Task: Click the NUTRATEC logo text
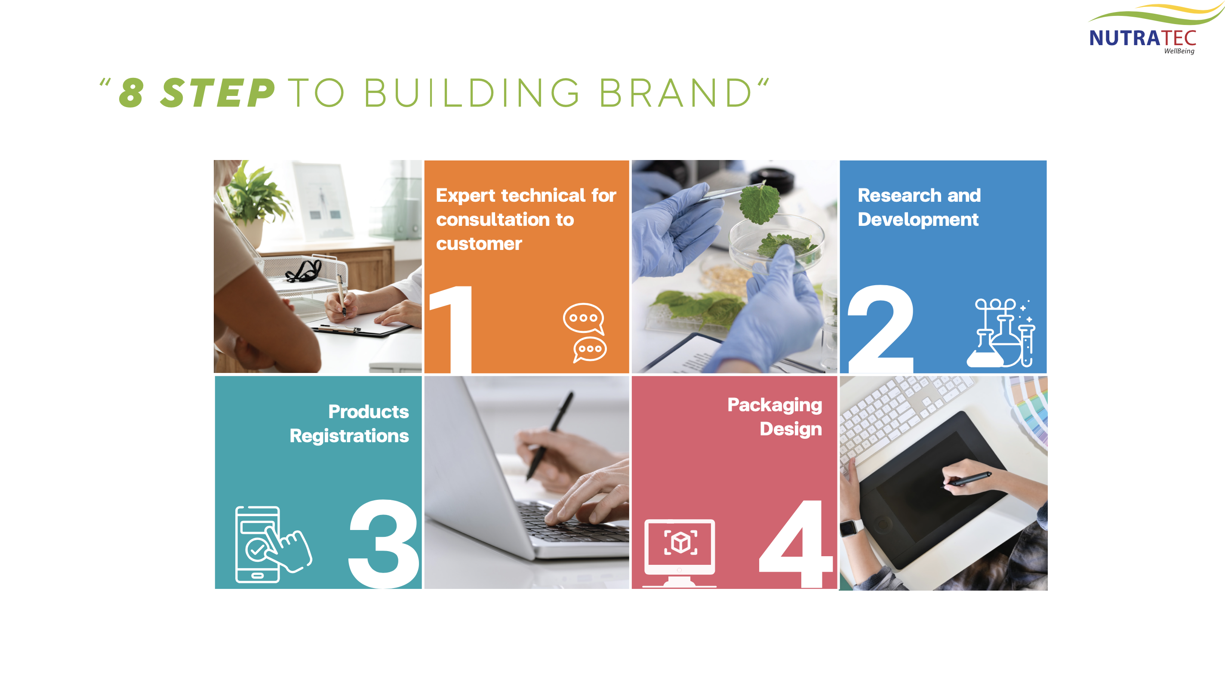[x=1142, y=38]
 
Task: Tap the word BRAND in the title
[x=675, y=93]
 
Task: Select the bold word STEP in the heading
[x=218, y=93]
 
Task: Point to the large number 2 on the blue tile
[x=881, y=329]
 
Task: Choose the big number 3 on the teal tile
[x=384, y=544]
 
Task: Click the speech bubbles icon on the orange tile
[x=585, y=333]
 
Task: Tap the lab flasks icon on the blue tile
[x=1001, y=333]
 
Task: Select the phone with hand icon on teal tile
[x=273, y=545]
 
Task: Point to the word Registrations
[x=349, y=436]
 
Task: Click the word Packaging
[x=775, y=405]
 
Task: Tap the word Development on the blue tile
[x=918, y=220]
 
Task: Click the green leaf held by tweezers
[x=760, y=203]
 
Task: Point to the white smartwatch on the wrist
[x=852, y=527]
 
